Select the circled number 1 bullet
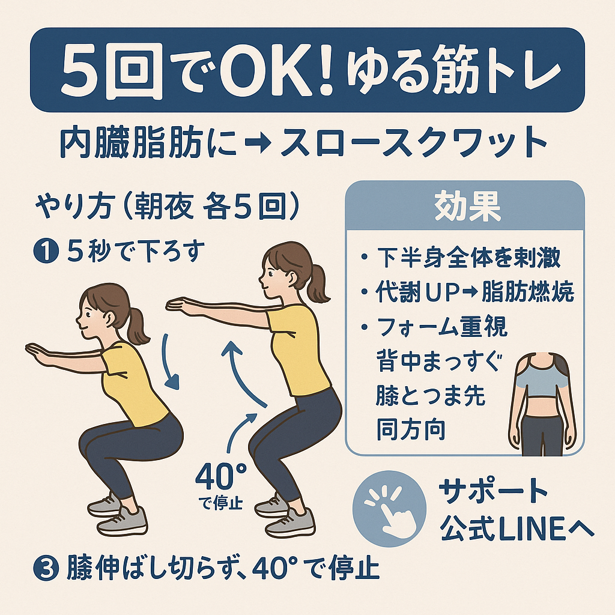click(46, 252)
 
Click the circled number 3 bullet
click(46, 568)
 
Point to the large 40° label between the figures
click(221, 476)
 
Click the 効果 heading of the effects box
click(467, 207)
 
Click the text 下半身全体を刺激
click(469, 257)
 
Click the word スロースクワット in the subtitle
click(413, 143)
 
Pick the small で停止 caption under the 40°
click(221, 503)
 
